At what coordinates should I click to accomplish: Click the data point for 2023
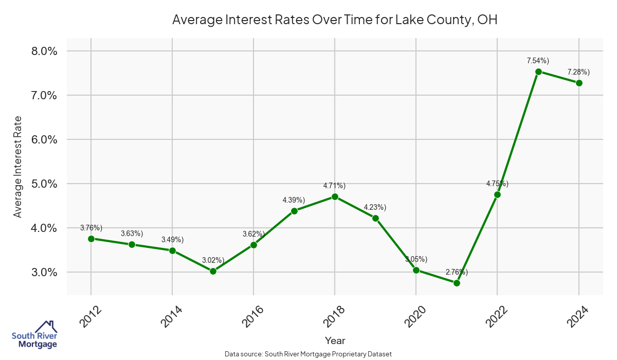(x=538, y=71)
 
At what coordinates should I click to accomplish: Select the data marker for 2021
(x=457, y=283)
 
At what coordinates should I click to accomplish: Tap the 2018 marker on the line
(x=335, y=196)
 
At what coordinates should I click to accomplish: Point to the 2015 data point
(x=213, y=271)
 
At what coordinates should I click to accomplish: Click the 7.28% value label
(x=578, y=71)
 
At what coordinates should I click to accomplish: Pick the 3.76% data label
(x=91, y=227)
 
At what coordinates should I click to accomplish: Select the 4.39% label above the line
(x=294, y=200)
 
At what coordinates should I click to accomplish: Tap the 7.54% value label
(x=538, y=61)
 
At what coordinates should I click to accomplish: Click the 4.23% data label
(x=375, y=207)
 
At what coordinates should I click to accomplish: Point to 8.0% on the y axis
(x=44, y=51)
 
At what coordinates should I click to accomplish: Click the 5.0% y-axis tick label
(x=44, y=184)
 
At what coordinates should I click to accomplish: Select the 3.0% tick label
(x=44, y=272)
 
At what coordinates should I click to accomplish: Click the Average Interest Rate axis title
(x=18, y=167)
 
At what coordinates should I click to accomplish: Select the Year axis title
(x=335, y=340)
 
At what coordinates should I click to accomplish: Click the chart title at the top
(x=335, y=20)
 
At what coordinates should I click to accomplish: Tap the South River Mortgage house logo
(x=34, y=334)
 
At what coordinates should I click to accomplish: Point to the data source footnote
(x=308, y=354)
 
